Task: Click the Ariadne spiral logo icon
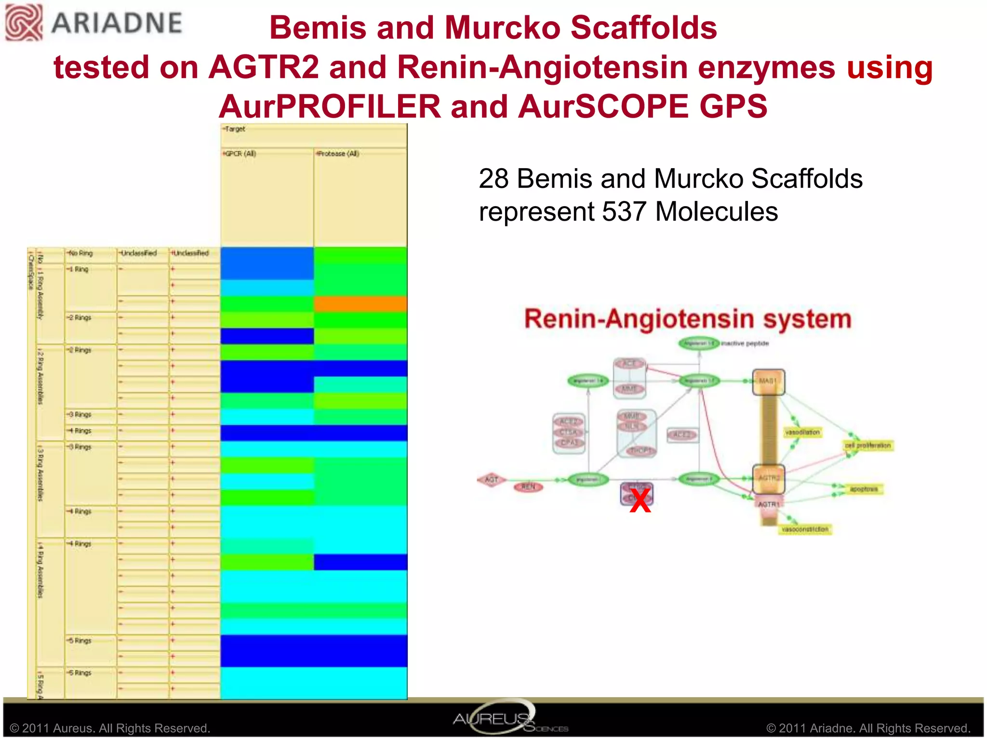pyautogui.click(x=24, y=22)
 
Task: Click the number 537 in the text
pyautogui.click(x=625, y=211)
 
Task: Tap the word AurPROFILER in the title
pyautogui.click(x=330, y=106)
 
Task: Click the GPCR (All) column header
pyautogui.click(x=240, y=154)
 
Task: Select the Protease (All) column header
pyautogui.click(x=338, y=154)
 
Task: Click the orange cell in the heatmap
pyautogui.click(x=360, y=304)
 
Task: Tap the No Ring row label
pyautogui.click(x=80, y=253)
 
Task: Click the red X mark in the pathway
pyautogui.click(x=640, y=502)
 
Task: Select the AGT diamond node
pyautogui.click(x=491, y=480)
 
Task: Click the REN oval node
pyautogui.click(x=528, y=487)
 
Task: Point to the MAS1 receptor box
pyautogui.click(x=769, y=382)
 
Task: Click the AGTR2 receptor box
pyautogui.click(x=769, y=478)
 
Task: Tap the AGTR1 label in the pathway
pyautogui.click(x=769, y=504)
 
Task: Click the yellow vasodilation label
pyautogui.click(x=802, y=432)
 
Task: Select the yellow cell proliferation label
pyautogui.click(x=868, y=446)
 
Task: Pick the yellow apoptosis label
pyautogui.click(x=864, y=489)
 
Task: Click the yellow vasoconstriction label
pyautogui.click(x=805, y=529)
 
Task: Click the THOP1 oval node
pyautogui.click(x=640, y=450)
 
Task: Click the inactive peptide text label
pyautogui.click(x=745, y=344)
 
